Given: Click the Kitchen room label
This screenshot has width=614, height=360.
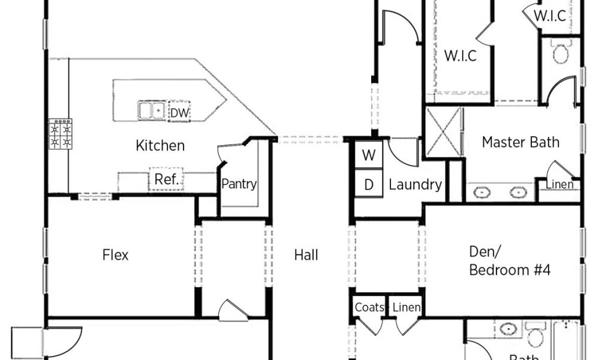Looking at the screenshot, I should pyautogui.click(x=160, y=145).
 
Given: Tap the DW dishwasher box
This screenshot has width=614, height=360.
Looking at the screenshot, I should pyautogui.click(x=179, y=112).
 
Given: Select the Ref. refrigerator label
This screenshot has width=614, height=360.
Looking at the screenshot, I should pyautogui.click(x=166, y=179).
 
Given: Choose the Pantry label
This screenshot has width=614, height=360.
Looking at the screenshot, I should pyautogui.click(x=239, y=184).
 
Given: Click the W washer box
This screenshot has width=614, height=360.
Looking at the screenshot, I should pyautogui.click(x=369, y=155).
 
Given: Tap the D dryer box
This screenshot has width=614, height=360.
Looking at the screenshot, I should pyautogui.click(x=369, y=185).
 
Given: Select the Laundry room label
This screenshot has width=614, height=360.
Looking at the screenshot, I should pyautogui.click(x=415, y=185).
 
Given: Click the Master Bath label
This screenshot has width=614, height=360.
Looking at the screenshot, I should pyautogui.click(x=520, y=142).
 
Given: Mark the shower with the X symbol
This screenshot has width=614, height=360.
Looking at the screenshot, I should pyautogui.click(x=444, y=133).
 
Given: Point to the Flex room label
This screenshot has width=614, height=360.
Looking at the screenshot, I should pyautogui.click(x=115, y=255).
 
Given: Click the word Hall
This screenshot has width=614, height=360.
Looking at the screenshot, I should pyautogui.click(x=306, y=255).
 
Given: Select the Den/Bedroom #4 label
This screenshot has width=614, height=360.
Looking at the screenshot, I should pyautogui.click(x=509, y=262).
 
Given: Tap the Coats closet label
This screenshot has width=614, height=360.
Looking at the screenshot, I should pyautogui.click(x=369, y=308).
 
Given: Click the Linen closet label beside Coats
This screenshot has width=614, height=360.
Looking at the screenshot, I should pyautogui.click(x=407, y=308).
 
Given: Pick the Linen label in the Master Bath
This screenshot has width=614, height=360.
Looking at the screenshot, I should pyautogui.click(x=559, y=184).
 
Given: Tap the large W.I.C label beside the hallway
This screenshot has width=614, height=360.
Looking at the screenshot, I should pyautogui.click(x=460, y=56).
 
